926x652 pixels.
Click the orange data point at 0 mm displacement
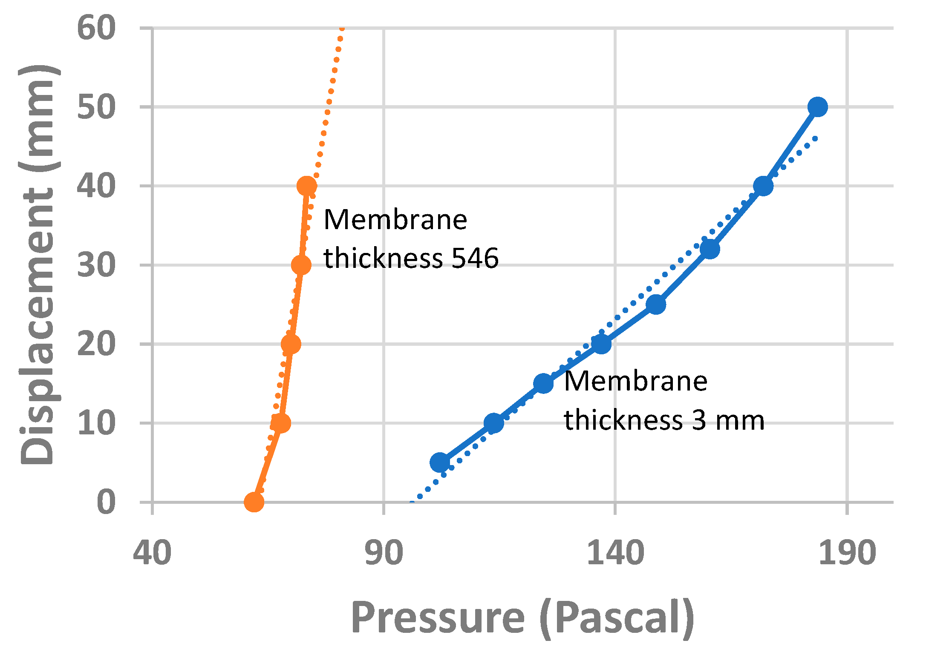click(x=254, y=502)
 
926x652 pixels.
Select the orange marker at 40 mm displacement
click(x=307, y=186)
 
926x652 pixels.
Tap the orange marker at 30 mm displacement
click(x=301, y=265)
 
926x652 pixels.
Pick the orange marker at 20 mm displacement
click(x=291, y=344)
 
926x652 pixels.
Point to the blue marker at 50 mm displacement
click(x=818, y=106)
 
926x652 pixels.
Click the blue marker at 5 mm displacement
click(x=440, y=462)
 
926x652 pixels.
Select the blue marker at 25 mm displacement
click(x=656, y=304)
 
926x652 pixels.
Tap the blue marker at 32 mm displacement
click(x=710, y=249)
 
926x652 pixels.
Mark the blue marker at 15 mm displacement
click(x=543, y=383)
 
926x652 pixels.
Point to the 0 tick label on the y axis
click(x=106, y=503)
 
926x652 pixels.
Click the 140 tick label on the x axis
click(x=615, y=553)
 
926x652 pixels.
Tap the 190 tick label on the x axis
click(x=847, y=553)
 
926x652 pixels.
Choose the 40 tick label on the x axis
click(x=152, y=553)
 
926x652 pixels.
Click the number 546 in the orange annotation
click(x=475, y=258)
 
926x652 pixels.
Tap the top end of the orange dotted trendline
click(x=342, y=29)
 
